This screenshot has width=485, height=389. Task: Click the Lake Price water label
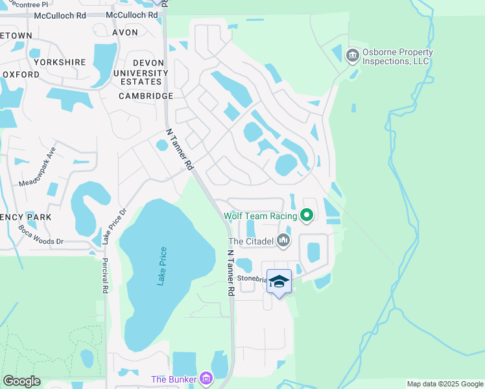click(x=163, y=266)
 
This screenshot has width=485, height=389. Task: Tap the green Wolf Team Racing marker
click(x=307, y=215)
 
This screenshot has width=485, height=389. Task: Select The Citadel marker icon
click(x=283, y=241)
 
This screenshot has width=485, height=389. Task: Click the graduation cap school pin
click(x=279, y=281)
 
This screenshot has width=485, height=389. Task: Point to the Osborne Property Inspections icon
click(x=353, y=55)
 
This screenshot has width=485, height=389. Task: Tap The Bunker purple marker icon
click(x=206, y=378)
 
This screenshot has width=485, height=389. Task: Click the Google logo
click(x=21, y=381)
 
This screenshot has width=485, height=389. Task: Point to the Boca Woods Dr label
click(x=41, y=235)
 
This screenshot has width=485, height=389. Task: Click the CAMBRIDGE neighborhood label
click(x=146, y=96)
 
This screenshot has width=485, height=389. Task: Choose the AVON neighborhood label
click(x=125, y=32)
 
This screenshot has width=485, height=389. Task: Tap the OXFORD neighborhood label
click(x=20, y=75)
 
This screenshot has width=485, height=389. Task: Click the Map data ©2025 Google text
click(x=445, y=384)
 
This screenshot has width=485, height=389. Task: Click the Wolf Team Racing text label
click(x=260, y=215)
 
